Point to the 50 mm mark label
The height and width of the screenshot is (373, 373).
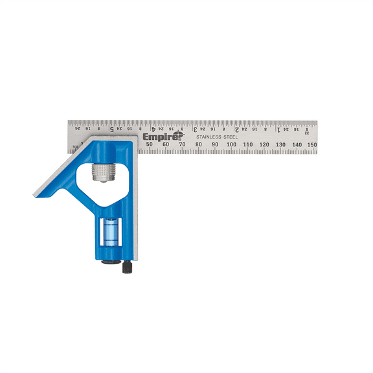tap(150, 144)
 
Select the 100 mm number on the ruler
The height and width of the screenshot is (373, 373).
tap(231, 144)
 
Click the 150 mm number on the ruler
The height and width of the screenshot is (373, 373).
tap(312, 144)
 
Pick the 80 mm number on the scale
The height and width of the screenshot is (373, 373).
tap(199, 144)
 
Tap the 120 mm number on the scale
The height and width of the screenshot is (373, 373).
tap(264, 144)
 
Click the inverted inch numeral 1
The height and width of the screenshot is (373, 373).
tap(278, 128)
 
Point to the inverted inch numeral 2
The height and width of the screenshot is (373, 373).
tap(237, 128)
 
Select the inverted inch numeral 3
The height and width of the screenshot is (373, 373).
tap(195, 128)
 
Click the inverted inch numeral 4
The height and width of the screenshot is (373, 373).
tap(153, 128)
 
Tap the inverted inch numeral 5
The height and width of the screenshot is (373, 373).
tap(111, 128)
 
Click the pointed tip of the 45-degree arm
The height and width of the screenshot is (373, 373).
tap(34, 194)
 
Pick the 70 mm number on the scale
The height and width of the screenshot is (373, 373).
tap(182, 144)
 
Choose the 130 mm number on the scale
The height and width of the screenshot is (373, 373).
tap(280, 144)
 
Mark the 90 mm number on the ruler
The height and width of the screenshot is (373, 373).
tap(215, 144)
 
